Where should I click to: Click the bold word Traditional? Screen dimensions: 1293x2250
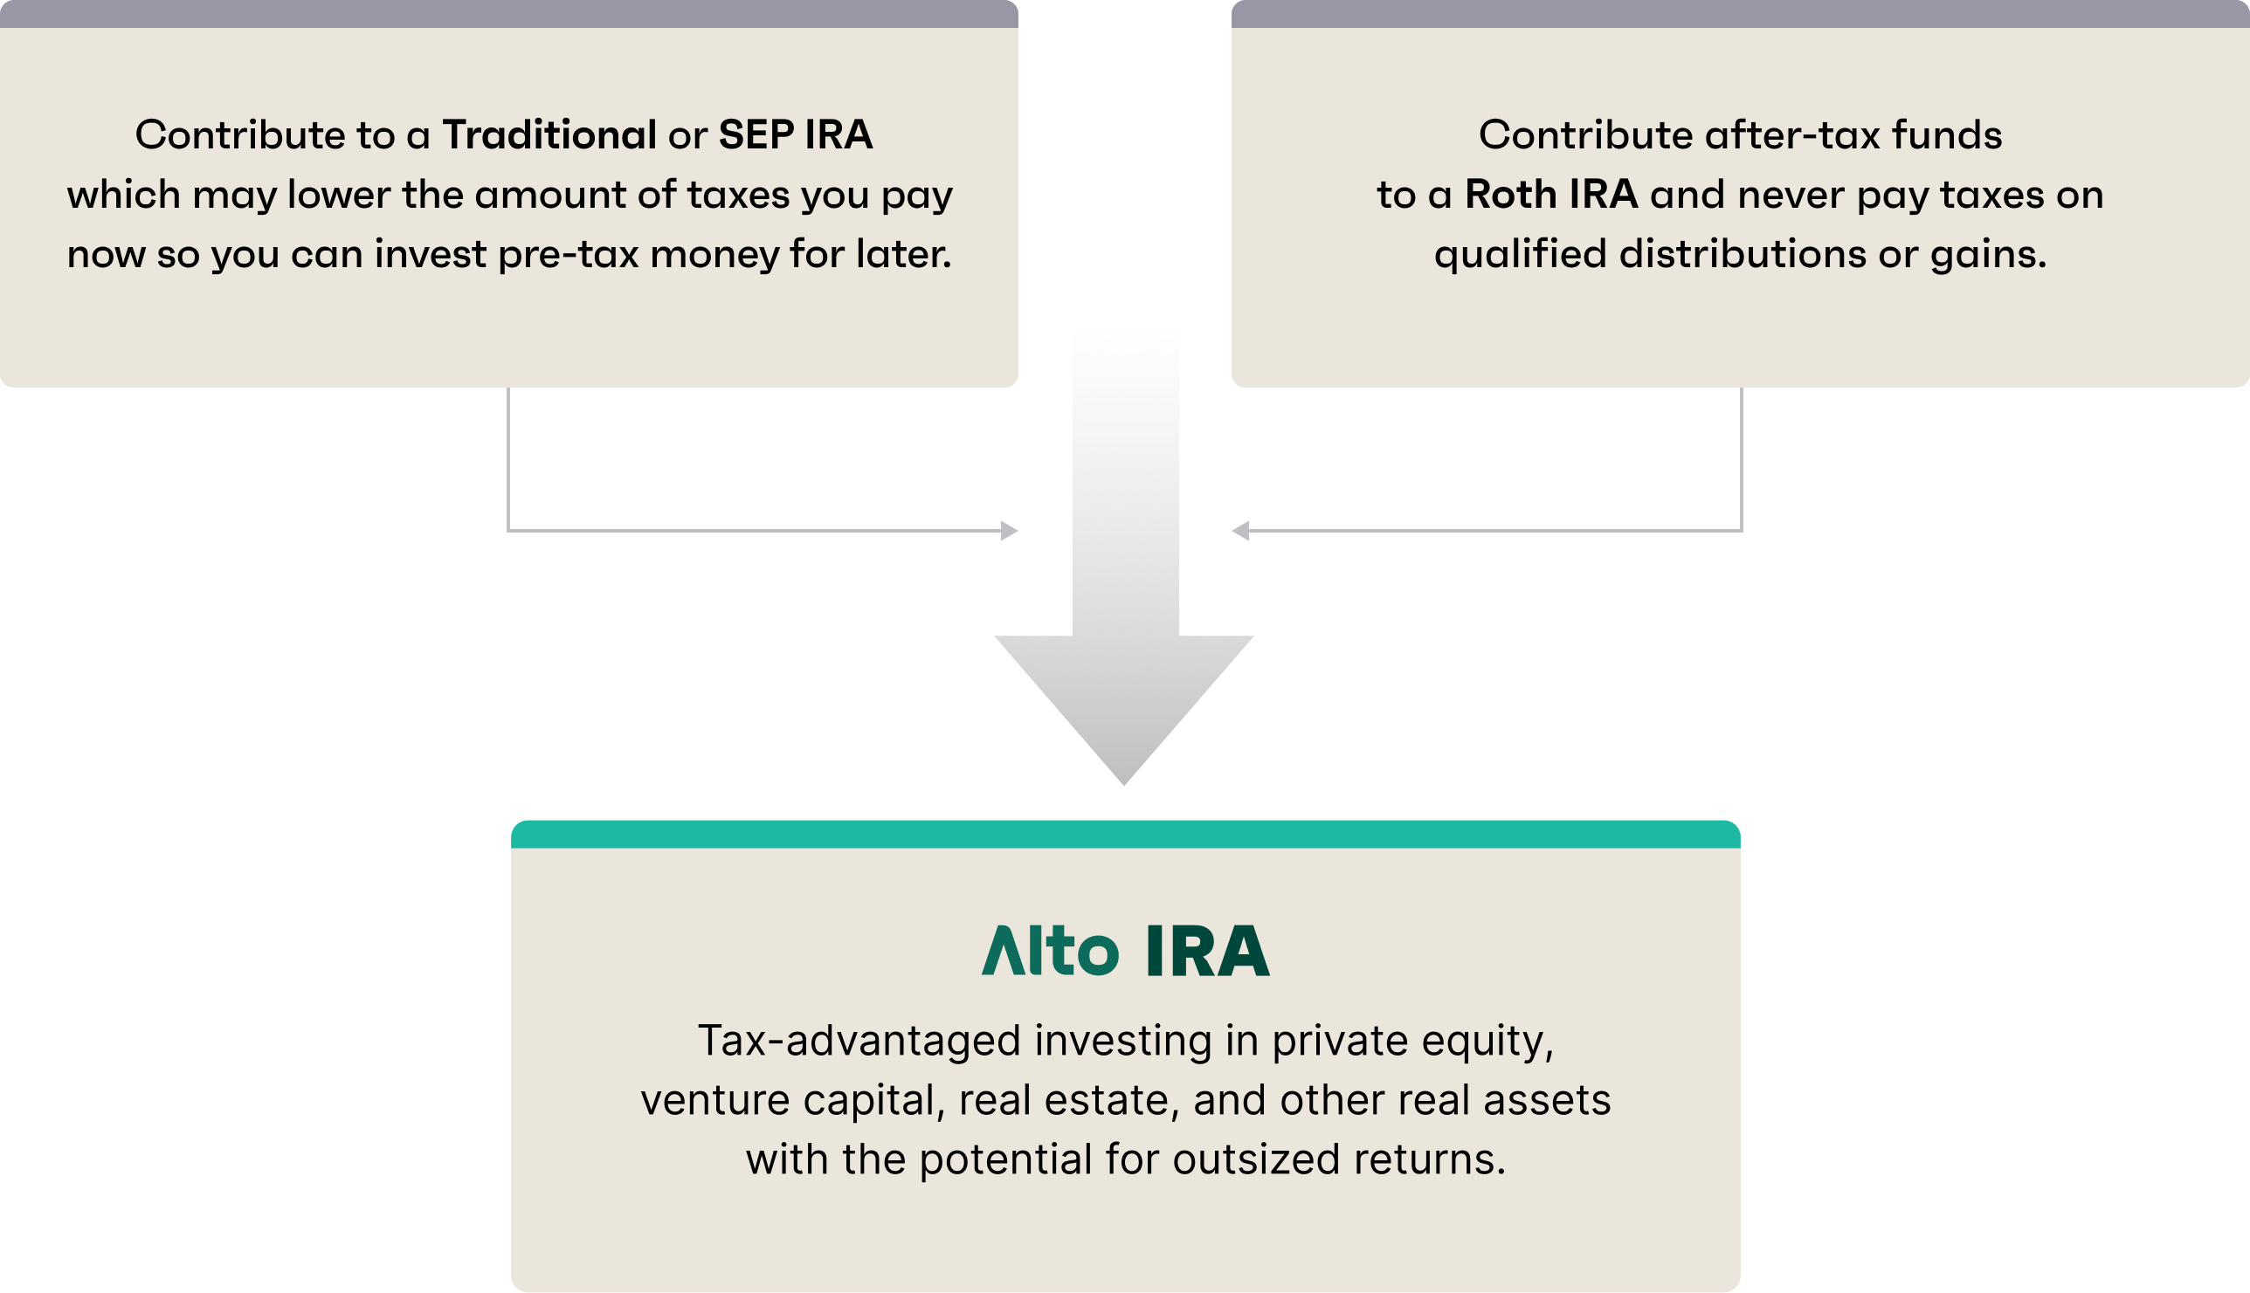coord(549,135)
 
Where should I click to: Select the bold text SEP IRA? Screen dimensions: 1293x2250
coord(795,135)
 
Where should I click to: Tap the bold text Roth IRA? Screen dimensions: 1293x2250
coord(1551,195)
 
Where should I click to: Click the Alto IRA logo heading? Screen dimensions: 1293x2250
coord(1126,951)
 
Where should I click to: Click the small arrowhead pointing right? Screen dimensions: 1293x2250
coord(1009,531)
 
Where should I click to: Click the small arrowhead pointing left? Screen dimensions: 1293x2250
coord(1241,531)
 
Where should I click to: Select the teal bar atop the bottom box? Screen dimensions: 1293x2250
coord(1126,834)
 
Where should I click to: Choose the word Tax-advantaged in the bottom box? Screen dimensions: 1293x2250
coord(859,1041)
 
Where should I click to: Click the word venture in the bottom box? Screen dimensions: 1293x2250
coord(715,1100)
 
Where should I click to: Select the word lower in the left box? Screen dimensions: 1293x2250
coord(338,195)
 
